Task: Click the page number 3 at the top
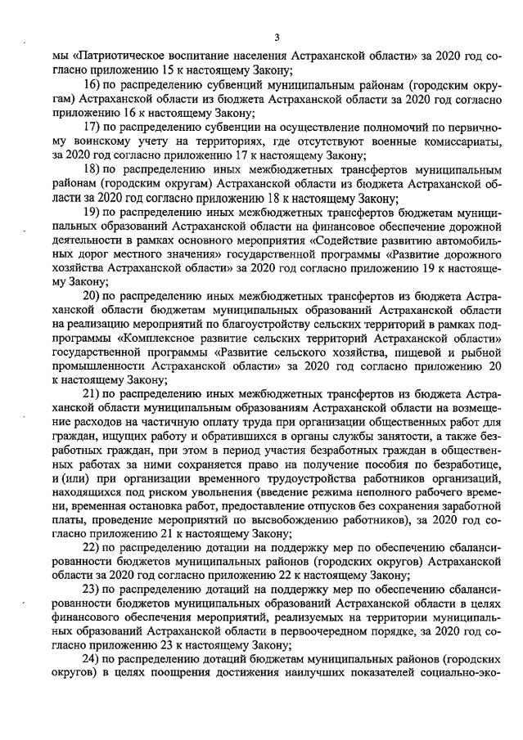pos(277,37)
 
